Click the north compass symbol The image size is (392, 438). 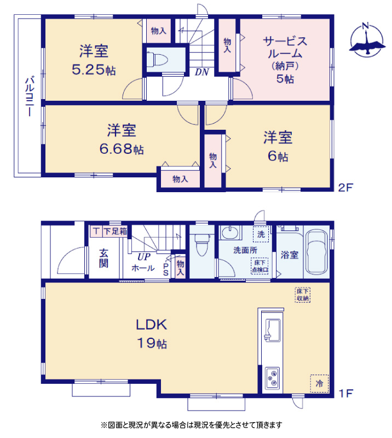coord(367,40)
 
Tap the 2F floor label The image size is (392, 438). coord(345,187)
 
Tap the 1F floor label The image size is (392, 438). coord(345,393)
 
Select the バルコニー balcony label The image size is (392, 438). coord(30,95)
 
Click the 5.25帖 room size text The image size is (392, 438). coord(94,70)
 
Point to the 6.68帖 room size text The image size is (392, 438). coord(122,149)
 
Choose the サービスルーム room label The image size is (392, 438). coord(285,47)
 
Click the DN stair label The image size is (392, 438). coord(201,72)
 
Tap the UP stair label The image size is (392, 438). coord(144,256)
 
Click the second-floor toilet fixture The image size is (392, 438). coord(157,59)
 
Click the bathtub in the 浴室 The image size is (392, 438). coord(316,252)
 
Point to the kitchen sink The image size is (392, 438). coord(273,330)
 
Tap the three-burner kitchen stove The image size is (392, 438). coord(273,378)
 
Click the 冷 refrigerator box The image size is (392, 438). coord(319,383)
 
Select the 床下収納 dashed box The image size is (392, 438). coord(303,295)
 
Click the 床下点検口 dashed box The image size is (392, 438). coord(260,266)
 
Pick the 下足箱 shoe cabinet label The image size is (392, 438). coord(115,231)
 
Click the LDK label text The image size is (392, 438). coord(152,325)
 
